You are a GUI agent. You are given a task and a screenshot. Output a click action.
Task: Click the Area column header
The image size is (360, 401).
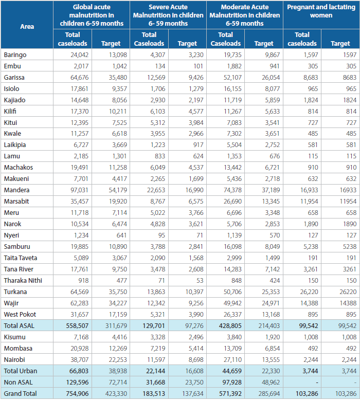[27, 27]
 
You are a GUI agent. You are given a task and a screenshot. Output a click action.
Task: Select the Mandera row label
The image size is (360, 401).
[16, 190]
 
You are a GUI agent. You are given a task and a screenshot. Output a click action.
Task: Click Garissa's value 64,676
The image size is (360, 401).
[79, 77]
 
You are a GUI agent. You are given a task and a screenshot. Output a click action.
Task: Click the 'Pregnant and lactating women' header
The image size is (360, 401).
[321, 11]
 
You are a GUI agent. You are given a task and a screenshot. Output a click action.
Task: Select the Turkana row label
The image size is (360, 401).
[15, 292]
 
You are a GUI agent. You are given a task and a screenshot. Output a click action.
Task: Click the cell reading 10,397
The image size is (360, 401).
[194, 292]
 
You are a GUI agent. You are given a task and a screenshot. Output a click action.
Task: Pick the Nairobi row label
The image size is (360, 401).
[14, 359]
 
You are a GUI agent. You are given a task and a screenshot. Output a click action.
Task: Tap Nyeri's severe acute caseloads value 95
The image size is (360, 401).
[161, 235]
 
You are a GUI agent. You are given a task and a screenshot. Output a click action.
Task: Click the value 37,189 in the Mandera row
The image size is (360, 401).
[271, 190]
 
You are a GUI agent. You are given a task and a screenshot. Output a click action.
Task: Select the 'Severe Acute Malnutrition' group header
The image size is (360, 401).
[168, 15]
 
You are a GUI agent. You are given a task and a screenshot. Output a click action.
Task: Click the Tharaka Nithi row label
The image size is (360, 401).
[23, 281]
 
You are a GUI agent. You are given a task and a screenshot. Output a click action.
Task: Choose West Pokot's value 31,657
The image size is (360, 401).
[79, 314]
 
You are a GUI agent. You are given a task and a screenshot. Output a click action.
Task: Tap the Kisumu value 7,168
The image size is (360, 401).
[81, 337]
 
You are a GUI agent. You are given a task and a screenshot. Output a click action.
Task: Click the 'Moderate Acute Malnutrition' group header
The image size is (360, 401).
[245, 15]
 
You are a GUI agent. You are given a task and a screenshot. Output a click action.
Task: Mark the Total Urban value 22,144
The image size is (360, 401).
[155, 371]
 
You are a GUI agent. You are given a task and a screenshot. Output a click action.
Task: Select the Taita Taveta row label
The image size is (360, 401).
[21, 258]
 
